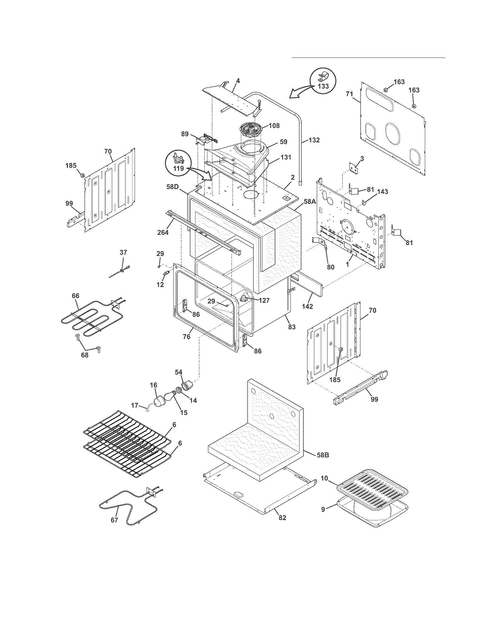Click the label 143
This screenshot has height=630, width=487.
382,192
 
